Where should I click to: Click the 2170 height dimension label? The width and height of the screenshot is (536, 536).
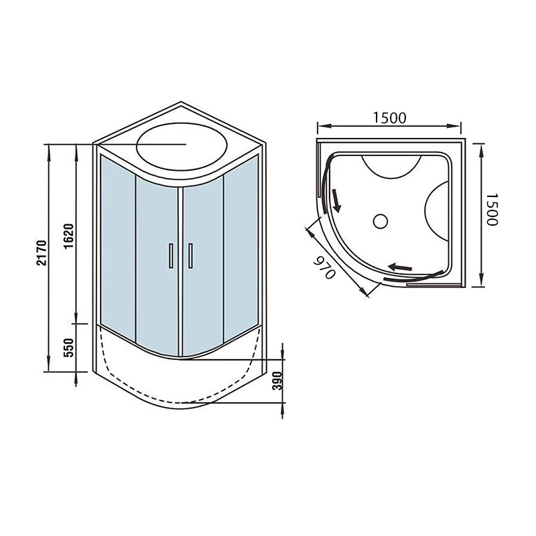[x=42, y=253]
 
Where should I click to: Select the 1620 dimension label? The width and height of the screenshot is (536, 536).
[x=68, y=237]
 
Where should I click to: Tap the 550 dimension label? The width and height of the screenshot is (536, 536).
[x=69, y=348]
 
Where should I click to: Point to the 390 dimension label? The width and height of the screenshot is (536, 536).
[x=277, y=381]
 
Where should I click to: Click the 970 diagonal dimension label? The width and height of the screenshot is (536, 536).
[x=324, y=267]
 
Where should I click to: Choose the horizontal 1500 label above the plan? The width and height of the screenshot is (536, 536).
[x=389, y=118]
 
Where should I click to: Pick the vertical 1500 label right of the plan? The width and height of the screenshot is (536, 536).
[x=492, y=210]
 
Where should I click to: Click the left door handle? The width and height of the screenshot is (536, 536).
[x=171, y=256]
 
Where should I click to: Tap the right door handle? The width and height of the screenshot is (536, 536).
[x=190, y=256]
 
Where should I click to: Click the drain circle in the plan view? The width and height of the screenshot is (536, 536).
[x=380, y=221]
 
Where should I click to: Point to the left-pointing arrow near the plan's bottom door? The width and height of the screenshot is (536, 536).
[x=400, y=267]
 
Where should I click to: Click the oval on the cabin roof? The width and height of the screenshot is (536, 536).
[x=182, y=146]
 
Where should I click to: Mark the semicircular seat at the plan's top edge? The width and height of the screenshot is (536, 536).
[x=392, y=167]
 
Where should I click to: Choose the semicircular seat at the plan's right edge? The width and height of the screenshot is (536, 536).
[x=437, y=211]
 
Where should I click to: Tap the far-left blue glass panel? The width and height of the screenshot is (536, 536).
[x=118, y=245]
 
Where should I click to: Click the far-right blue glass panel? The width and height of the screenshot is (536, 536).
[x=241, y=245]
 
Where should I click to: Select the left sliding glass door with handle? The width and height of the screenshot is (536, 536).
[x=157, y=265]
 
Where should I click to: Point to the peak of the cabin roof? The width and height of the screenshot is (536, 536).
[x=181, y=102]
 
